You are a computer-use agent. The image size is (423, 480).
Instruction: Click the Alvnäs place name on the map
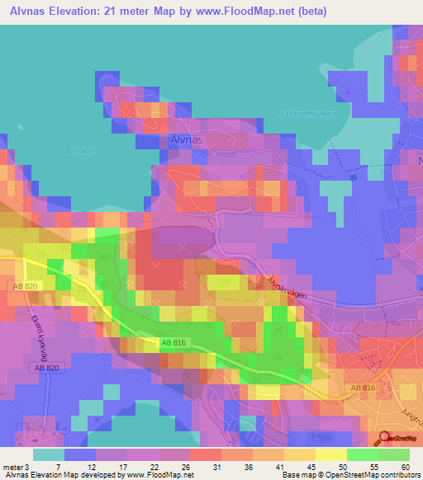(188, 140)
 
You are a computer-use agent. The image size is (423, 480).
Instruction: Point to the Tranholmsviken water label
(307, 114)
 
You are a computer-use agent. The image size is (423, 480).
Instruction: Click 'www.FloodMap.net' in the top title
(254, 12)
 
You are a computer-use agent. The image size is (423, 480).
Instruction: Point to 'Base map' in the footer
(297, 475)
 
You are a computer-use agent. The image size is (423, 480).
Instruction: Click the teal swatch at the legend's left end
(48, 454)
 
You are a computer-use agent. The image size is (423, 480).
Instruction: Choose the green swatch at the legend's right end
(393, 454)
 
